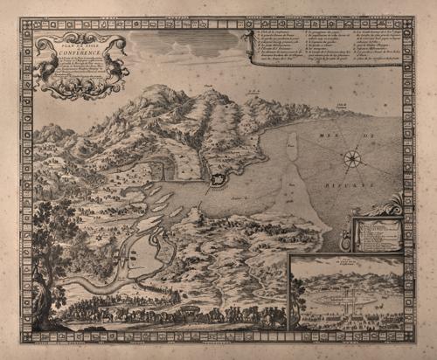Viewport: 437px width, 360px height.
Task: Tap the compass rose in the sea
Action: pos(353,158)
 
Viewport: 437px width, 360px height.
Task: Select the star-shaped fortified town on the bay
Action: pos(217,181)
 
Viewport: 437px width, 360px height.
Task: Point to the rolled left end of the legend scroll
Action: pos(253,58)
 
